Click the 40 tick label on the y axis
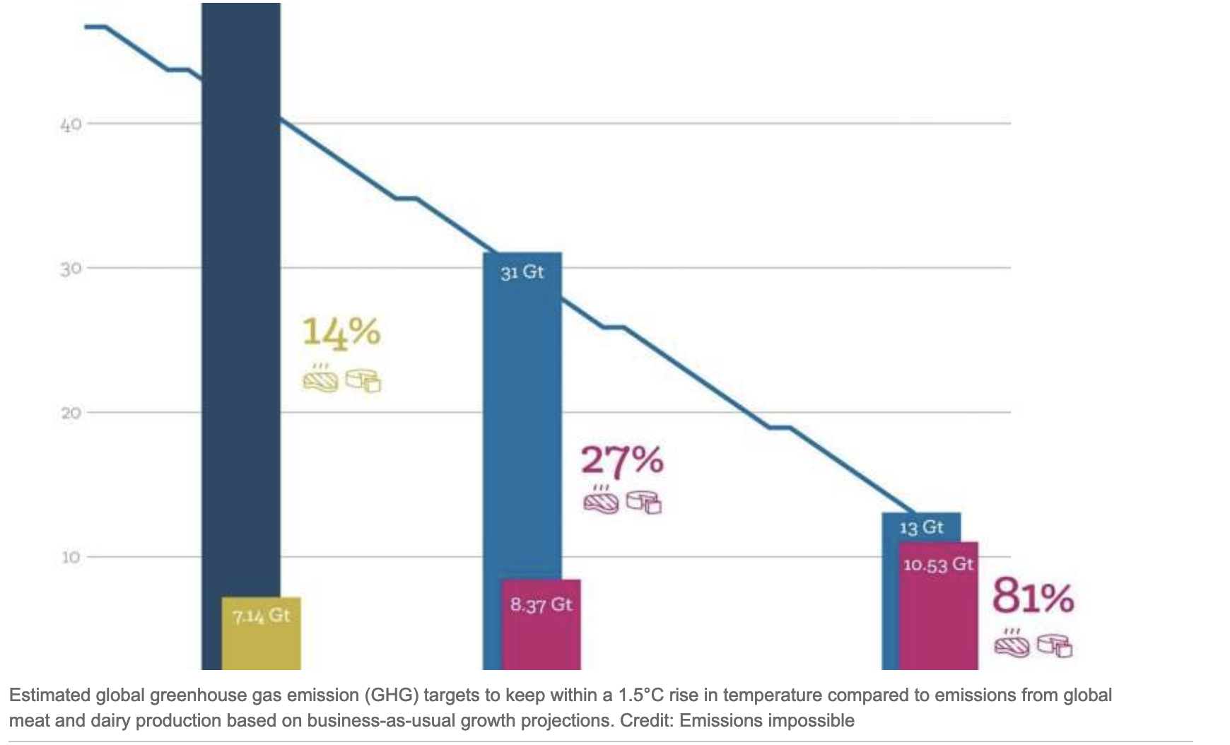71,125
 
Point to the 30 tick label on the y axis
71,269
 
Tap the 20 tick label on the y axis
71,413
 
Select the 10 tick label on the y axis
71,557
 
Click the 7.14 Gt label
262,616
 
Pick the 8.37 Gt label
541,605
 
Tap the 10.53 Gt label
938,565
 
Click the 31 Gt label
522,272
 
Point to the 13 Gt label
921,527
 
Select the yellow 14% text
341,332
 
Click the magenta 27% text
622,460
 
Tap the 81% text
1033,597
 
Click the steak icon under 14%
321,380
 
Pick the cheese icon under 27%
644,502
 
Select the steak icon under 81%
1012,645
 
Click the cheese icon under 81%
1055,645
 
